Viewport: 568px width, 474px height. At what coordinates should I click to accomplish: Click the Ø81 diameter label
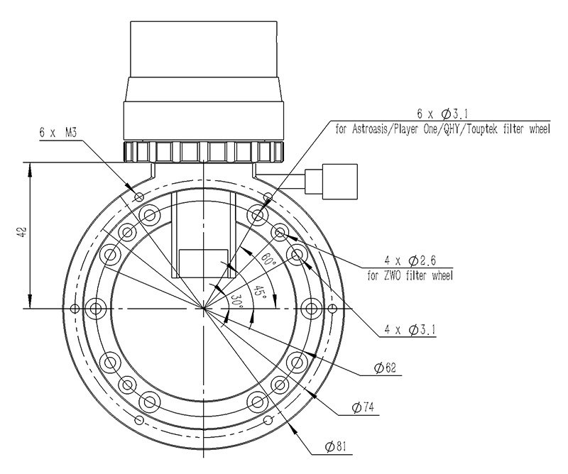pyautogui.click(x=335, y=446)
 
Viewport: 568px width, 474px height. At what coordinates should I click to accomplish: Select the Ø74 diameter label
pyautogui.click(x=363, y=408)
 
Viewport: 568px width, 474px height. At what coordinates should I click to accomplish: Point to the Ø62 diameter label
pyautogui.click(x=385, y=368)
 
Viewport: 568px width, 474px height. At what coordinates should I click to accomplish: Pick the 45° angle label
pyautogui.click(x=259, y=292)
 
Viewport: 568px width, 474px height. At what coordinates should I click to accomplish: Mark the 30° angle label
pyautogui.click(x=236, y=300)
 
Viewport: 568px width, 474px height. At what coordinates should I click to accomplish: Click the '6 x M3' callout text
pyautogui.click(x=58, y=133)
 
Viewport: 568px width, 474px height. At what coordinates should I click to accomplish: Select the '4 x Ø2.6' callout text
pyautogui.click(x=410, y=260)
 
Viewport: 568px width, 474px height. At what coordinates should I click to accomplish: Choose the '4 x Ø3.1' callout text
pyautogui.click(x=410, y=330)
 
